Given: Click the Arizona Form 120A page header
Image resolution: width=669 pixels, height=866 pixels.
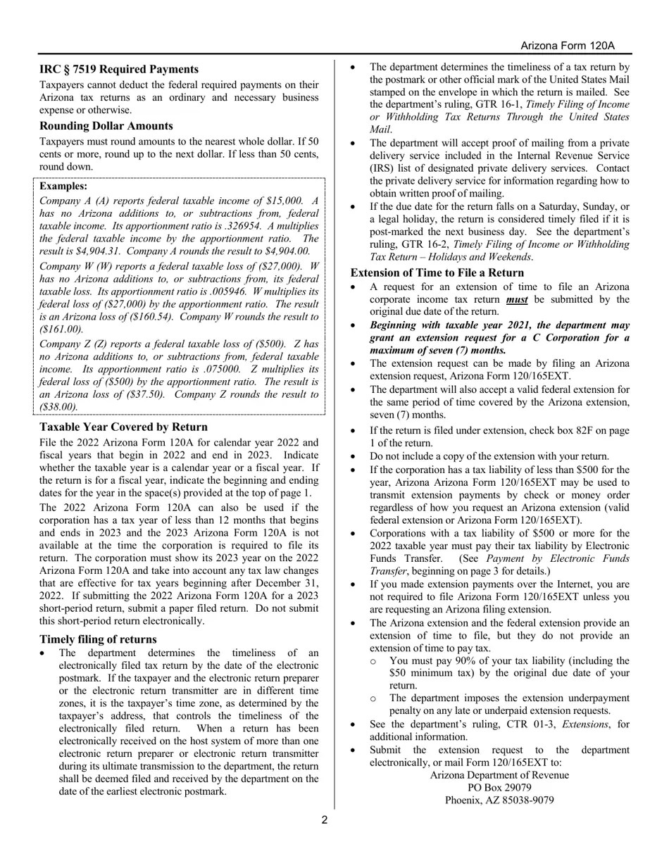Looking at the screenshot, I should tap(567, 46).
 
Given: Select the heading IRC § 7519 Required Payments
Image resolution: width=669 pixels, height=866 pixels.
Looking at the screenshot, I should tap(118, 69).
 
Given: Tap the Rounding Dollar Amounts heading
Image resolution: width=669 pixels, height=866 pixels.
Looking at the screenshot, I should tap(106, 126).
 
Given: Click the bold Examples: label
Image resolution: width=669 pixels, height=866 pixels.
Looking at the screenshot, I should tap(63, 186).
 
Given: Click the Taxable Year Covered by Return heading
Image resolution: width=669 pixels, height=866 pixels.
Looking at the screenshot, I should tap(123, 427).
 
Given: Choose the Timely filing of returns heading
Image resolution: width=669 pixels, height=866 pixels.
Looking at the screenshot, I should tap(98, 639).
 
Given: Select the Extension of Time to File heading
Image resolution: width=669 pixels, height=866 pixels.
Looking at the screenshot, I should tap(437, 272).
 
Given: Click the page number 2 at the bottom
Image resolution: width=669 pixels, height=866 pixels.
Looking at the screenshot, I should tap(325, 820).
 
